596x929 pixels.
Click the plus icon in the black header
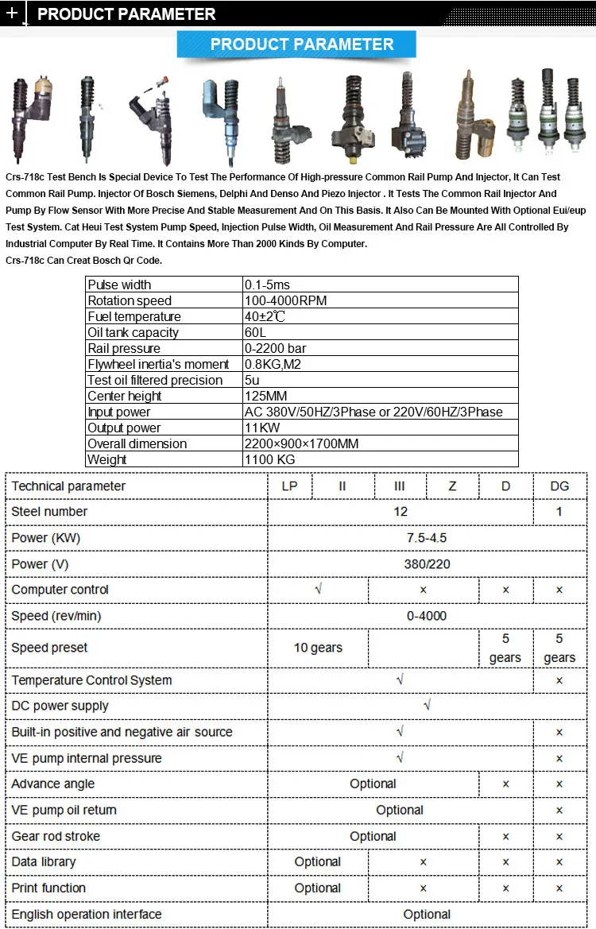[12, 14]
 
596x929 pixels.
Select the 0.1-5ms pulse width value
[265, 285]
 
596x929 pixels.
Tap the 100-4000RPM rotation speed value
[285, 300]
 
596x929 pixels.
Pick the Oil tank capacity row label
[133, 332]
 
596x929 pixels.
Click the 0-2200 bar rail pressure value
[275, 348]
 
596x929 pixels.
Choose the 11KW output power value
[261, 428]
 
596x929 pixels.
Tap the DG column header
[559, 486]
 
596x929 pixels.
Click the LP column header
[290, 486]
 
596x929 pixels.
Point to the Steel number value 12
[400, 512]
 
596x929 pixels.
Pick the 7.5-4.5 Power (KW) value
[427, 538]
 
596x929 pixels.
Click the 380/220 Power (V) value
[427, 564]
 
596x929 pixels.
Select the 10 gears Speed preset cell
[318, 648]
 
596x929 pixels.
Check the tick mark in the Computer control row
[318, 589]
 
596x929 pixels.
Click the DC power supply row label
[60, 706]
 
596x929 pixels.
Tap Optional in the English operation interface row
[427, 915]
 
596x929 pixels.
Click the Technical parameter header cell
[68, 486]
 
